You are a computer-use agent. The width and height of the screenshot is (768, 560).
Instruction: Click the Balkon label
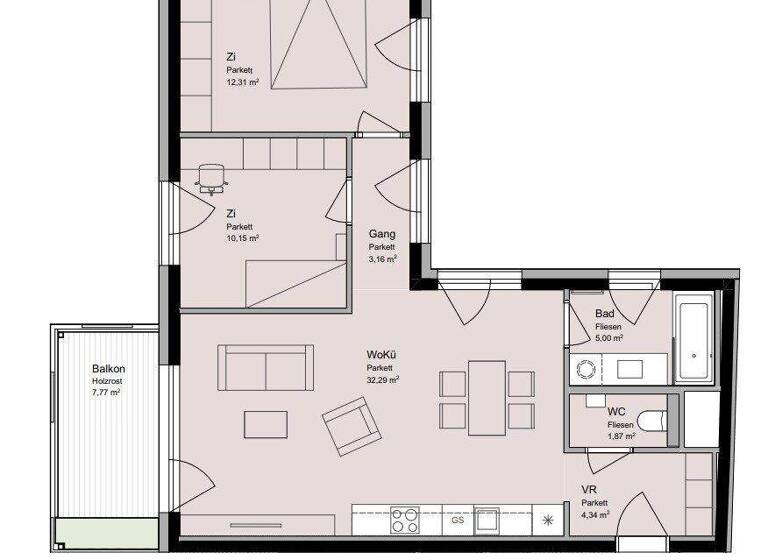click(x=109, y=368)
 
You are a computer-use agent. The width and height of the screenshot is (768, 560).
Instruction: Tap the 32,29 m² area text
click(x=382, y=380)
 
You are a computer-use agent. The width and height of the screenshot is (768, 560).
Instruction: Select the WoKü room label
click(x=380, y=355)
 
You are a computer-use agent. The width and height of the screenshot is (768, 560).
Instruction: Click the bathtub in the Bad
click(x=695, y=339)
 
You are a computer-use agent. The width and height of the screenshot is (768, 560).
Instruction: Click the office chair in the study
click(x=211, y=178)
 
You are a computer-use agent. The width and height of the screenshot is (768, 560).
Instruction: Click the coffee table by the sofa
click(x=265, y=424)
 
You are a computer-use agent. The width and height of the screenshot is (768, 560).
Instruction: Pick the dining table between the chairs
click(x=487, y=396)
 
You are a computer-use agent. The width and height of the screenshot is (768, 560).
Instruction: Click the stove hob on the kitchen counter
click(x=405, y=521)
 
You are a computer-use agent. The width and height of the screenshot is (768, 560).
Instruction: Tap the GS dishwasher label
click(x=457, y=521)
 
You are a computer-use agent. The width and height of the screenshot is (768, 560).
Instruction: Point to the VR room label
click(x=589, y=489)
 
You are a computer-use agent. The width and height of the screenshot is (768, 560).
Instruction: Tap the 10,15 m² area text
click(x=242, y=239)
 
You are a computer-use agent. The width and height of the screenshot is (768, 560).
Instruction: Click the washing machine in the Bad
click(x=583, y=369)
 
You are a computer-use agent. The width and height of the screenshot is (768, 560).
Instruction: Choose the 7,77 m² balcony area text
click(x=105, y=393)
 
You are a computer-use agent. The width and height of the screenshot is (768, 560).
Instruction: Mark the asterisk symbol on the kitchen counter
click(x=548, y=520)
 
